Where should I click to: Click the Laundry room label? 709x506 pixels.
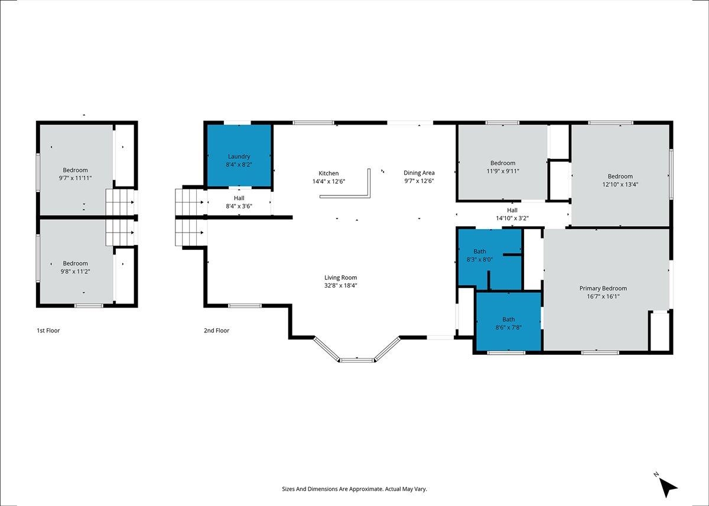click(x=239, y=156)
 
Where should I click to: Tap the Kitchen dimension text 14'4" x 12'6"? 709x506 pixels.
click(x=329, y=181)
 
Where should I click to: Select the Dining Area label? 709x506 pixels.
click(x=419, y=172)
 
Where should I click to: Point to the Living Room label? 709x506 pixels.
click(x=340, y=278)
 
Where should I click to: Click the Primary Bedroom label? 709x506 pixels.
click(x=603, y=288)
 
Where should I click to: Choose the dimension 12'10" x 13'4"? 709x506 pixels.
click(x=620, y=184)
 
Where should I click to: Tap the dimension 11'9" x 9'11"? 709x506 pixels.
click(x=503, y=171)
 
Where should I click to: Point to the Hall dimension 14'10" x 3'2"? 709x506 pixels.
click(x=512, y=218)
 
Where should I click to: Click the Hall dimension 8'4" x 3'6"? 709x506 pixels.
click(x=239, y=206)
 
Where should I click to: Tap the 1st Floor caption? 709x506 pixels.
click(x=48, y=331)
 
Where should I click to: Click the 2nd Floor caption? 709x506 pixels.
click(x=216, y=331)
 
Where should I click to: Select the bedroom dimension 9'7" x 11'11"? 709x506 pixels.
click(x=75, y=178)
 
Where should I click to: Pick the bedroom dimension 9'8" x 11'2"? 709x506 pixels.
click(x=75, y=272)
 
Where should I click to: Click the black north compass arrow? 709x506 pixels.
click(x=668, y=487)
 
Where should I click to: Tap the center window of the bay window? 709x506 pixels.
click(x=357, y=360)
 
